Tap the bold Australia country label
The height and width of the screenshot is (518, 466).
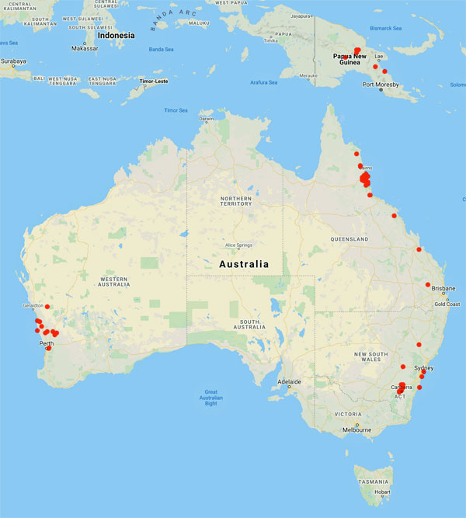click(244, 264)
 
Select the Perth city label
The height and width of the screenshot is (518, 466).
click(46, 342)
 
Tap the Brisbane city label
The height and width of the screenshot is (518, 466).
click(443, 288)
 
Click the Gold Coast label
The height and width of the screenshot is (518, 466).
click(447, 304)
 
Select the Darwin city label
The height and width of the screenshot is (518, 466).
click(206, 118)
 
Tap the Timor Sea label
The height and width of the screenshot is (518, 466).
click(176, 110)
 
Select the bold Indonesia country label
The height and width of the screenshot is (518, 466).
click(116, 35)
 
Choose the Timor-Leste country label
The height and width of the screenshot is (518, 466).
click(152, 80)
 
